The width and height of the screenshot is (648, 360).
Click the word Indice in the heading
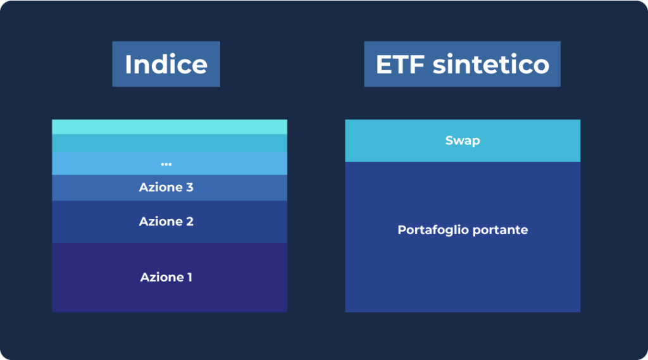click(166, 64)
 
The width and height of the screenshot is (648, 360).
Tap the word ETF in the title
click(401, 65)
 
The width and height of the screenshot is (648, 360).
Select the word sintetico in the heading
click(491, 64)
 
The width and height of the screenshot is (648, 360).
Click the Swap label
click(463, 141)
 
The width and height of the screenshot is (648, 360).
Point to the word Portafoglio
click(433, 230)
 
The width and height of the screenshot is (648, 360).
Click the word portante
click(500, 230)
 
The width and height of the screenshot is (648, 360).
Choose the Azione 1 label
click(166, 277)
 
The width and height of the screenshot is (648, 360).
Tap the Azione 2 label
click(166, 221)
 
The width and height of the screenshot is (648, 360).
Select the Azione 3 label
click(166, 187)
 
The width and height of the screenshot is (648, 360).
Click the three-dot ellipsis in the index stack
click(166, 164)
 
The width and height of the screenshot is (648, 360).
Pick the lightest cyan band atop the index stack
click(170, 127)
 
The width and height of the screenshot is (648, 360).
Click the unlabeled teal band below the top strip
click(170, 143)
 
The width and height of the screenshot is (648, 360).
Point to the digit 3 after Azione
click(190, 187)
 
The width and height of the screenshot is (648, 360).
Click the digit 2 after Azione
click(190, 221)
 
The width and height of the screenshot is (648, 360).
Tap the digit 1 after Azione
click(190, 277)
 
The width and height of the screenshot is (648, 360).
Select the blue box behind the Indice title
click(166, 64)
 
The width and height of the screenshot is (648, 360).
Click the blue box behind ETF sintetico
click(463, 64)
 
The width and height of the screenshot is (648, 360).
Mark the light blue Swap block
click(463, 141)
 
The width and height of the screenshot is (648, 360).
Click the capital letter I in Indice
click(128, 65)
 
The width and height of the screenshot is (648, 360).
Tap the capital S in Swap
click(449, 140)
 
